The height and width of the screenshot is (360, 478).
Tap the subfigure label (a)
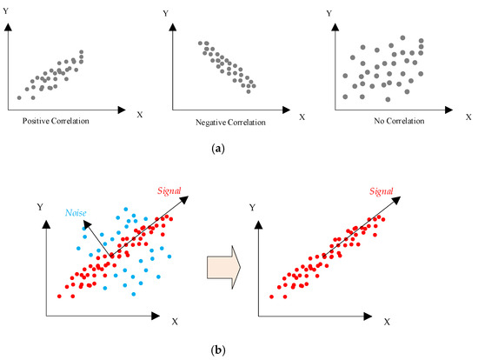click(x=237, y=149)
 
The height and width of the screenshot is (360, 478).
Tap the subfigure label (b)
click(x=237, y=351)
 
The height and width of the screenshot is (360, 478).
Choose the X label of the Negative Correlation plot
click(x=302, y=115)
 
